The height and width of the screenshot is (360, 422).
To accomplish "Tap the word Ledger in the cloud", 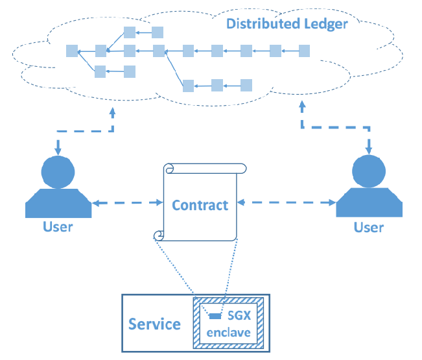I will pyautogui.click(x=325, y=25).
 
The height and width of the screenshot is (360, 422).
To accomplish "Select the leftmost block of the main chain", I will pyautogui.click(x=71, y=51).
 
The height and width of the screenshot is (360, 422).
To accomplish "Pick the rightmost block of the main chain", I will pyautogui.click(x=304, y=51).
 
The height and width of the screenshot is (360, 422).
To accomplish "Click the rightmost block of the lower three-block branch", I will pyautogui.click(x=246, y=84).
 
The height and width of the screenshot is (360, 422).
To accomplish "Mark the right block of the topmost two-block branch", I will pyautogui.click(x=158, y=32).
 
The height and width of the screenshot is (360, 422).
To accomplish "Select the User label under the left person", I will pyautogui.click(x=58, y=226).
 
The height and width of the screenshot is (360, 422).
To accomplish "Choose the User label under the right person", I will pyautogui.click(x=368, y=228).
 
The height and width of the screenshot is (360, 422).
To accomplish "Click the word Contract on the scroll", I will pyautogui.click(x=200, y=206).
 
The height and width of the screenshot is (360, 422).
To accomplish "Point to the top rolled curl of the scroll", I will pyautogui.click(x=170, y=169).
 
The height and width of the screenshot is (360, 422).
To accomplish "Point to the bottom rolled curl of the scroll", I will pyautogui.click(x=158, y=235).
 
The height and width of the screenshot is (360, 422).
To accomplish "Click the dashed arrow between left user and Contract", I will pyautogui.click(x=126, y=204).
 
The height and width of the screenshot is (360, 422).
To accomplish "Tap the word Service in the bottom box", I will pyautogui.click(x=154, y=324).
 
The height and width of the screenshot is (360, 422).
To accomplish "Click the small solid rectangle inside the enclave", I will pyautogui.click(x=213, y=316).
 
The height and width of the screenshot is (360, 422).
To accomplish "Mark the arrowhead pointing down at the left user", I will pyautogui.click(x=58, y=151).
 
